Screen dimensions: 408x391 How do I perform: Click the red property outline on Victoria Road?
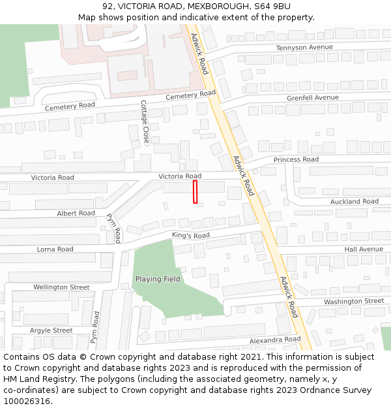[195, 192]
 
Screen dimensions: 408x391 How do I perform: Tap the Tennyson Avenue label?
[304, 48]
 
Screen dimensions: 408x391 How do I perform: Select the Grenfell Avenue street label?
[313, 98]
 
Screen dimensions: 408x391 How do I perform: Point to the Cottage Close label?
[145, 122]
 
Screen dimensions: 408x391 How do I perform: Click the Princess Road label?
[296, 160]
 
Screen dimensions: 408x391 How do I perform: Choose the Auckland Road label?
[354, 202]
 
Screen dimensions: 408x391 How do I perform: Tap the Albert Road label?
[76, 213]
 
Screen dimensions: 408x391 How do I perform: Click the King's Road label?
[191, 235]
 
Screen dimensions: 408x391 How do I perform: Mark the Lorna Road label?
[55, 249]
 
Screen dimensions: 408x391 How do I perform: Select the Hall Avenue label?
[364, 249]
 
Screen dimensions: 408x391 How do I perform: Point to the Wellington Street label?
[61, 287]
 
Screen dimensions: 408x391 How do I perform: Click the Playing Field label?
[158, 279]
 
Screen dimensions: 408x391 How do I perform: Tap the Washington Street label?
[354, 302]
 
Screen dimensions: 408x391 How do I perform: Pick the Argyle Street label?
[51, 331]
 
